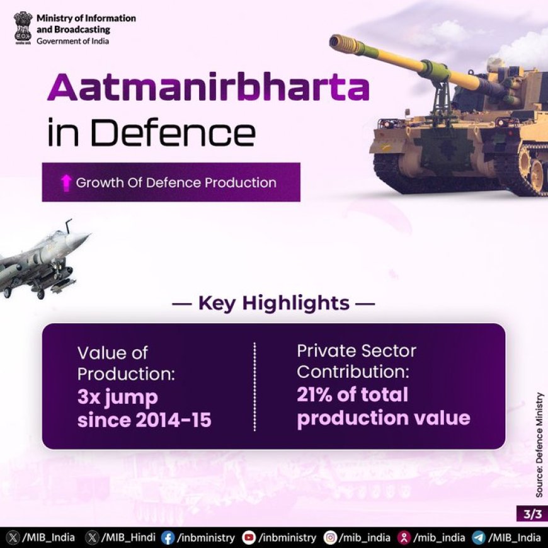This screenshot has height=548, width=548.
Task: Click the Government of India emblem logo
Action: [x=23, y=28]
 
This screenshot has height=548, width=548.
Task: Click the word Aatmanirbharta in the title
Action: [x=208, y=87]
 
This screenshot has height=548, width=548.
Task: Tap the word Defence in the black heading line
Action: [x=173, y=133]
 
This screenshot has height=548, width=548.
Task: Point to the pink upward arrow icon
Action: [x=66, y=183]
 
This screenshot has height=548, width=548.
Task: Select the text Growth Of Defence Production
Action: [x=176, y=183]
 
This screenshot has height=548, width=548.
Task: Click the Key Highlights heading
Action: [x=273, y=302]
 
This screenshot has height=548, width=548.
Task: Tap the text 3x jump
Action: [x=118, y=397]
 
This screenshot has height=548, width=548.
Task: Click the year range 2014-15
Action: [x=173, y=420]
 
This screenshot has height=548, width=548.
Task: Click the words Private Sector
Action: [x=357, y=351]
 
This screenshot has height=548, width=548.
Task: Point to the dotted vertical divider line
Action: [x=254, y=387]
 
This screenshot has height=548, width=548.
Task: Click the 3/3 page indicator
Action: [x=532, y=514]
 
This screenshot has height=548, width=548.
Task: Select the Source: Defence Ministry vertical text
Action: [x=540, y=445]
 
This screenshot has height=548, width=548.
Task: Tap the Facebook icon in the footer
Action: [x=168, y=538]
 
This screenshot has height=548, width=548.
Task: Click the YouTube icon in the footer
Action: [x=249, y=538]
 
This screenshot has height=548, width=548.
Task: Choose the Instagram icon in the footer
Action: [x=330, y=538]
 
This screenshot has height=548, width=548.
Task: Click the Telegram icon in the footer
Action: [x=479, y=538]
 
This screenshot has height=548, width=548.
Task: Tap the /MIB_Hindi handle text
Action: [x=128, y=537]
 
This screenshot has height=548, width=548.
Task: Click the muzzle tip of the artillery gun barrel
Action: [x=334, y=41]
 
